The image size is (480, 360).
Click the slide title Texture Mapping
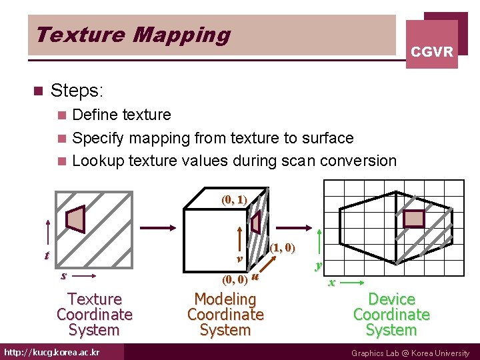(x=133, y=35)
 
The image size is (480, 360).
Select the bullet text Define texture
(x=121, y=115)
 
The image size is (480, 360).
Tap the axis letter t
(x=46, y=255)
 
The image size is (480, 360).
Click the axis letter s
(x=63, y=275)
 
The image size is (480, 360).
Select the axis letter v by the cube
(x=239, y=258)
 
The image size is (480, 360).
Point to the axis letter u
(x=255, y=275)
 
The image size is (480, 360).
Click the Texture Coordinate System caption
(x=95, y=315)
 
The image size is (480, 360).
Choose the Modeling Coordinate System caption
(x=225, y=315)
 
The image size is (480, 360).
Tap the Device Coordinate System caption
(x=391, y=315)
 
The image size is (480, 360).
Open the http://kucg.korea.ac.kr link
(x=52, y=352)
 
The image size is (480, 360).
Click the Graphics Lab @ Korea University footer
(x=410, y=353)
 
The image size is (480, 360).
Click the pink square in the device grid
(x=415, y=219)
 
